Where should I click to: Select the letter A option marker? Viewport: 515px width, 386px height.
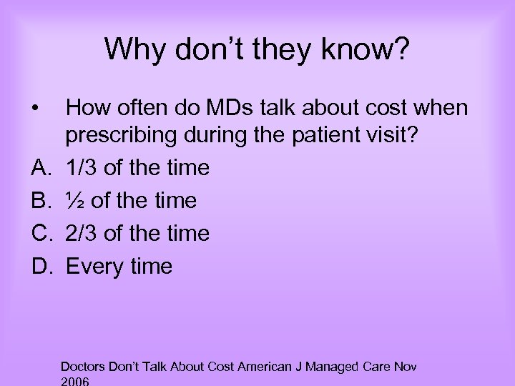(x=40, y=168)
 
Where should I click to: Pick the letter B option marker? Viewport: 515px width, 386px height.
(x=40, y=201)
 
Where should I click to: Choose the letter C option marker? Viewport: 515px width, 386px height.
(x=41, y=234)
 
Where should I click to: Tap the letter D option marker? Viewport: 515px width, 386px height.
(x=41, y=267)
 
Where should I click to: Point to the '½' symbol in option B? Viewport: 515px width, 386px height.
(x=75, y=201)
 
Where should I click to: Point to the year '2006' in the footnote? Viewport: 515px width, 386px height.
(x=76, y=382)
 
